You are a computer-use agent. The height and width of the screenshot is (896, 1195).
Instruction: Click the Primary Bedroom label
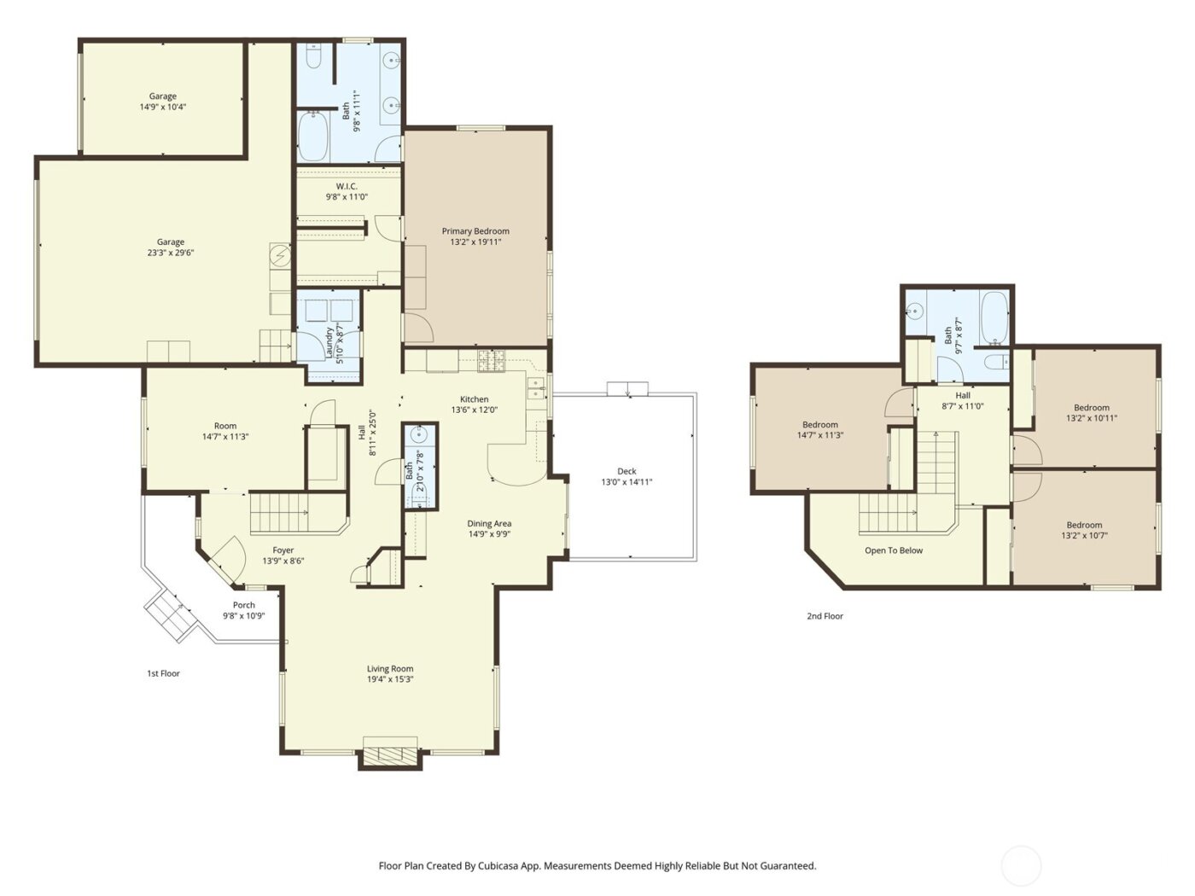[475, 231]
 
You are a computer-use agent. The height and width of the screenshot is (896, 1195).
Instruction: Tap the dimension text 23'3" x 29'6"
[170, 253]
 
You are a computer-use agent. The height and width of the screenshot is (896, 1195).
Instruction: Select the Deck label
[627, 471]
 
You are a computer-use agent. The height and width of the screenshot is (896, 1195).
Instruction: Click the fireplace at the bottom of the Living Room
[390, 755]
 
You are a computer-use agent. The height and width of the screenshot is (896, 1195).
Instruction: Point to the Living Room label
[390, 669]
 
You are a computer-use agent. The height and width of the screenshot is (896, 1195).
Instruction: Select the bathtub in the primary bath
[312, 138]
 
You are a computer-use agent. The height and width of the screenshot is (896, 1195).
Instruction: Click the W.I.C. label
[347, 186]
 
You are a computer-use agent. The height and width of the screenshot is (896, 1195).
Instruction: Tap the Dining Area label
[489, 524]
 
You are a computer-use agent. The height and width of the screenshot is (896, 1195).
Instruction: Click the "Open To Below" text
[894, 550]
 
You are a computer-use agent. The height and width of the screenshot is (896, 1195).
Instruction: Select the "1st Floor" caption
[163, 673]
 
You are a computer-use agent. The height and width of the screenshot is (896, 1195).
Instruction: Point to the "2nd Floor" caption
[825, 615]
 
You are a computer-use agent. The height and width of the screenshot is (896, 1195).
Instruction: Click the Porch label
[244, 605]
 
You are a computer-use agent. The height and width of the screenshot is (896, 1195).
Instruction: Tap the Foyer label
[283, 550]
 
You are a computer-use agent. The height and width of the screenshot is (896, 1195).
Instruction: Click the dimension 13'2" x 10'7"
[1084, 536]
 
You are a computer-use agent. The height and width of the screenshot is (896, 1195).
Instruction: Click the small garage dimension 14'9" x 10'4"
[163, 108]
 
